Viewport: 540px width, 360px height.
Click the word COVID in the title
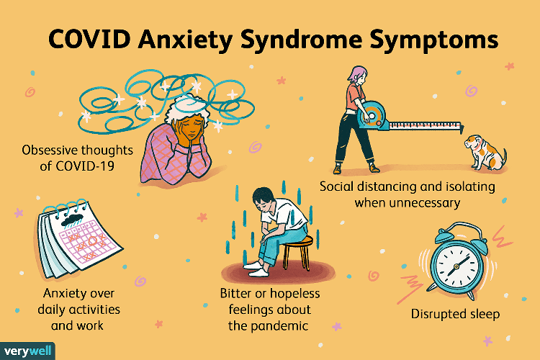[89, 40]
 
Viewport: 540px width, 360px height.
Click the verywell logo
[27, 351]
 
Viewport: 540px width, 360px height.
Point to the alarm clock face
[456, 265]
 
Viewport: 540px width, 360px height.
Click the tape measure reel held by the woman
[372, 116]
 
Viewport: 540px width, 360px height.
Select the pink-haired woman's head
[357, 75]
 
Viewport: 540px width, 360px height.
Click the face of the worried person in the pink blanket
[192, 127]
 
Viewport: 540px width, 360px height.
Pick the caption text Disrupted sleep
[455, 314]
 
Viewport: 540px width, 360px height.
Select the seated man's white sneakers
[256, 269]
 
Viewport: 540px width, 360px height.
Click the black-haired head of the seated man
[264, 197]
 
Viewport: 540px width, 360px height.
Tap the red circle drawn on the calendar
[93, 240]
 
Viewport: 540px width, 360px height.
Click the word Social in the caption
[336, 186]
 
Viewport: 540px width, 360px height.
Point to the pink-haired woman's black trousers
[354, 138]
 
